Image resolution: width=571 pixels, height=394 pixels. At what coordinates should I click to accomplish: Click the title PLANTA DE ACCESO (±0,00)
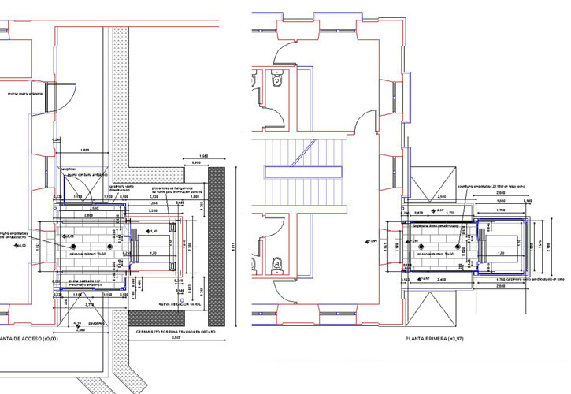tap(35, 340)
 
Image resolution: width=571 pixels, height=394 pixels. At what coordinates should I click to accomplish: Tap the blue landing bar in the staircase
tap(306, 172)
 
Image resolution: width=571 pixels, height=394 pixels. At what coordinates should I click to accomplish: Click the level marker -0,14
tap(76, 323)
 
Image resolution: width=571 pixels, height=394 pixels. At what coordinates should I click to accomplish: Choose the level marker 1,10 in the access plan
tap(153, 231)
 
